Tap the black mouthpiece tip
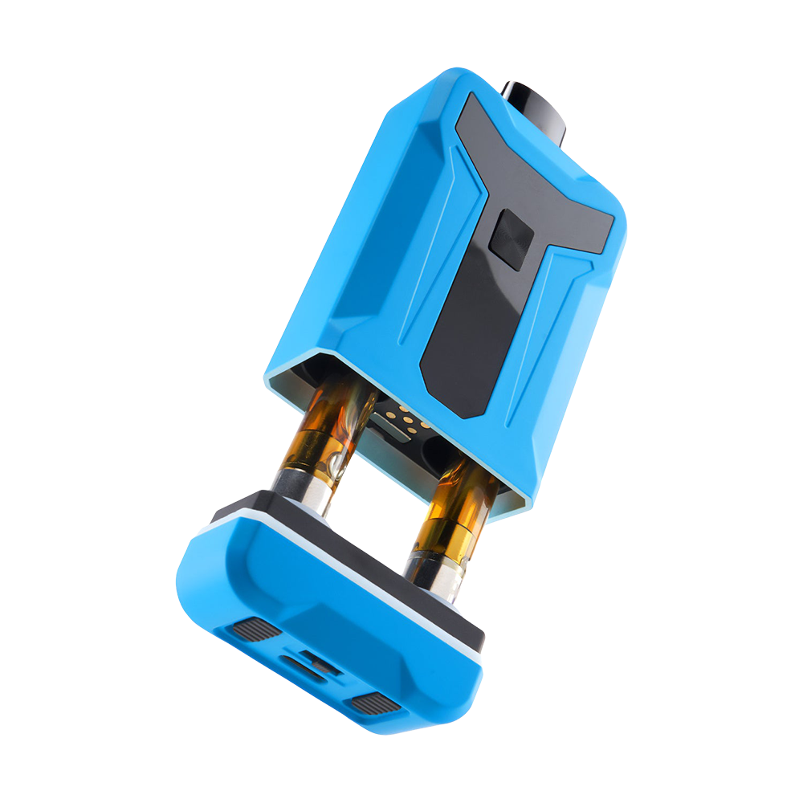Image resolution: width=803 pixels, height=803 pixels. click(x=536, y=108)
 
